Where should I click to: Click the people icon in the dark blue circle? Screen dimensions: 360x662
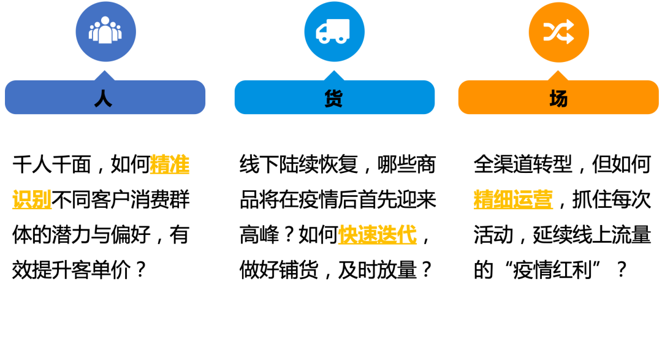tap(105, 31)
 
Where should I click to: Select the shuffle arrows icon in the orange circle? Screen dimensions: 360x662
tap(558, 32)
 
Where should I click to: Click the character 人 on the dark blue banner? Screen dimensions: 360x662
tap(103, 99)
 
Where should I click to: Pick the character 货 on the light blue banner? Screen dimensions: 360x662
tap(333, 99)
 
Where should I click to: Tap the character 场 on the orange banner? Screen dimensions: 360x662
tap(558, 99)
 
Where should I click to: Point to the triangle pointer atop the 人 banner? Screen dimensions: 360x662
tap(105, 75)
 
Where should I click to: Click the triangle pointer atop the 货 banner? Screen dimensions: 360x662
tap(334, 75)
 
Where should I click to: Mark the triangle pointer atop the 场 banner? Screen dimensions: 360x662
tap(558, 75)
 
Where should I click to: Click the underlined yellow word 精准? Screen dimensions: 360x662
tap(170, 164)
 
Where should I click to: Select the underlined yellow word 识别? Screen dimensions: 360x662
tap(32, 199)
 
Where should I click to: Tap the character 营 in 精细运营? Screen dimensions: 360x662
tap(543, 199)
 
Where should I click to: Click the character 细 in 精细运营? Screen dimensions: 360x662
tap(503, 199)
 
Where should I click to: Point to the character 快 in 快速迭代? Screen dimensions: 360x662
tap(348, 234)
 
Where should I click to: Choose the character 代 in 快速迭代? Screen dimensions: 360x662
tap(407, 234)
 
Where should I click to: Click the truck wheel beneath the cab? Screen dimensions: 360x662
tap(324, 39)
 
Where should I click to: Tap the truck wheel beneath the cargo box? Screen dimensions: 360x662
tap(341, 39)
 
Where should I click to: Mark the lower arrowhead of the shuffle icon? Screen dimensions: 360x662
tap(570, 39)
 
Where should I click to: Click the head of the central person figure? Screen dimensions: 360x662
tap(105, 21)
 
